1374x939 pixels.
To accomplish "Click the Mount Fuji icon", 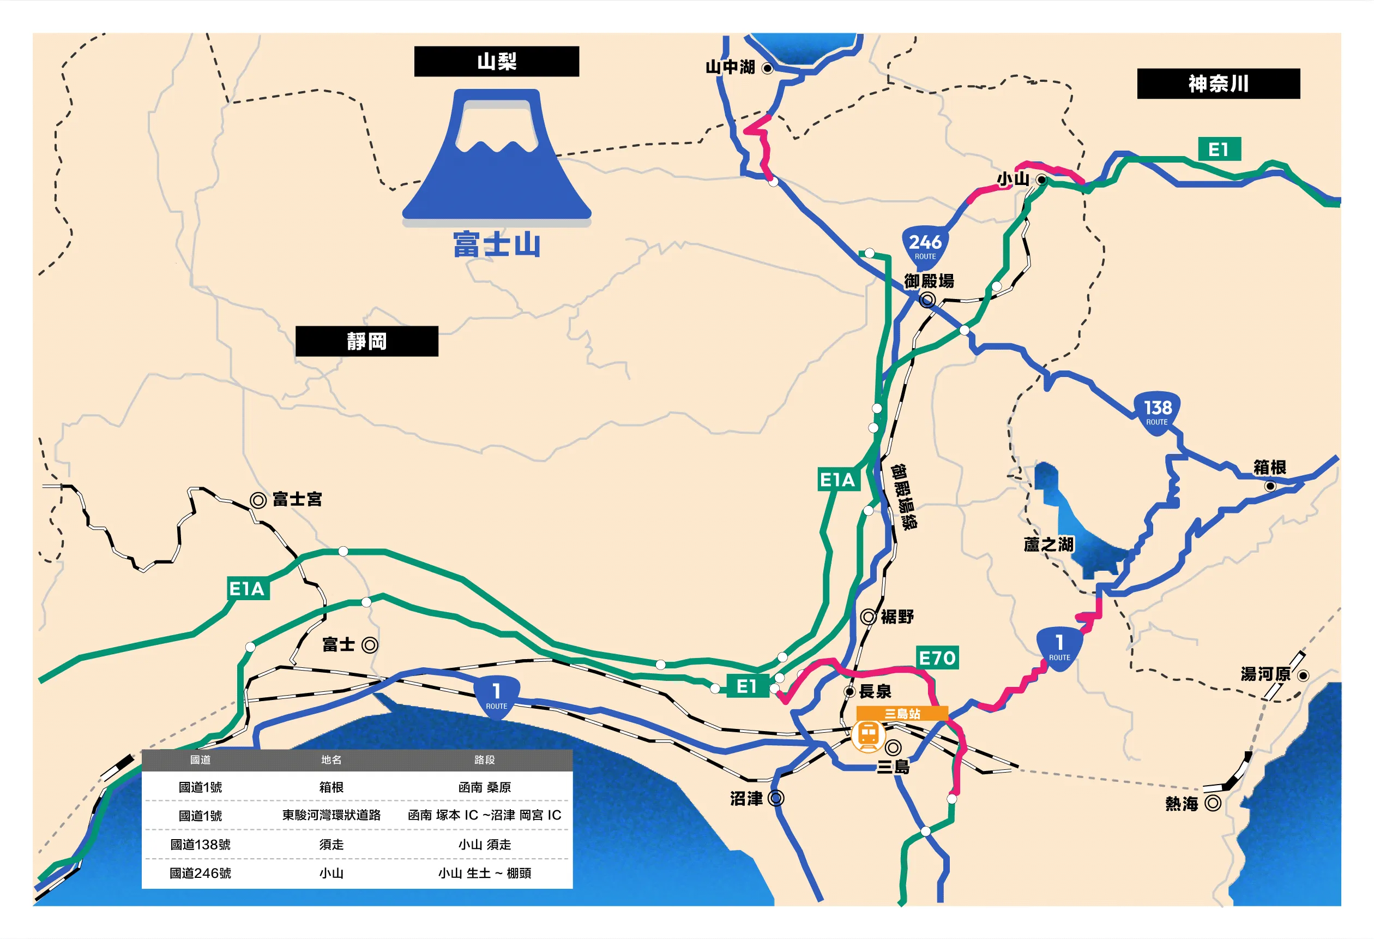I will [497, 157].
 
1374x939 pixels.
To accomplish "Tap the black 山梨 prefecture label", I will [497, 62].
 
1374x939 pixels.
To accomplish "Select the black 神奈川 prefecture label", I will [1218, 84].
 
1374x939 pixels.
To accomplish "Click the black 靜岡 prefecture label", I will [366, 342].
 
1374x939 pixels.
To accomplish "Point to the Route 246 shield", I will [925, 246].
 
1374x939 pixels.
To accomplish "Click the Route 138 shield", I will [1157, 412].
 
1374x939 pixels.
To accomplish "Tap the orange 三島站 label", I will [902, 714].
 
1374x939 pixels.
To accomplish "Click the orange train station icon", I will [868, 735].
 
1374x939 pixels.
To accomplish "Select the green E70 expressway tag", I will [937, 657].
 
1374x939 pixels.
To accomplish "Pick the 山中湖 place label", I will [730, 68].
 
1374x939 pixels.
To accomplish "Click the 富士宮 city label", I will [297, 499].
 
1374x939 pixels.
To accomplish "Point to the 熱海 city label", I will [1182, 804].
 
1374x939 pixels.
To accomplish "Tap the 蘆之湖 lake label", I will [1048, 545].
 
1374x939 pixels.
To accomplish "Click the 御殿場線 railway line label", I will [905, 497].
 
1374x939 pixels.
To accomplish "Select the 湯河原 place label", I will [1265, 674].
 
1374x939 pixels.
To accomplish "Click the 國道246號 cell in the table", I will [201, 874].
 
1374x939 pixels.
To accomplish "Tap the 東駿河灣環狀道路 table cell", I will [331, 815].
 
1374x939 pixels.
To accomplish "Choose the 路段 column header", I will [484, 759].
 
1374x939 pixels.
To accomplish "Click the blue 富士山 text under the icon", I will [497, 245].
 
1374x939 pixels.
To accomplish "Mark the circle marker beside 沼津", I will [776, 798].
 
